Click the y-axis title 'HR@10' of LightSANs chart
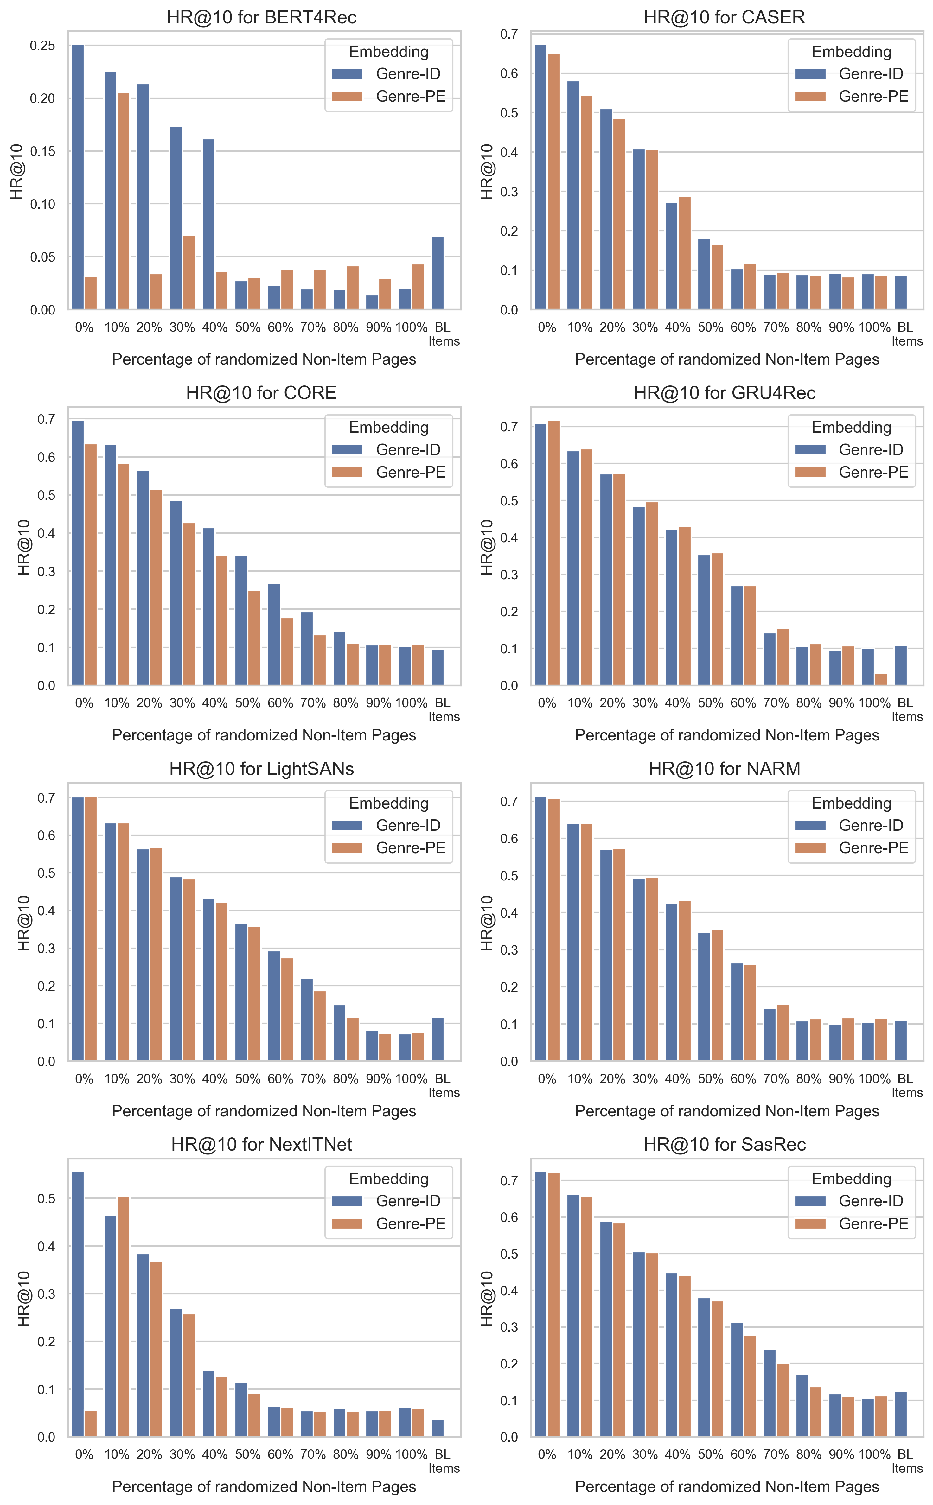coord(23,923)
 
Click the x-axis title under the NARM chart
coord(727,1111)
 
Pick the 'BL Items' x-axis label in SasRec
coord(906,1461)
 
